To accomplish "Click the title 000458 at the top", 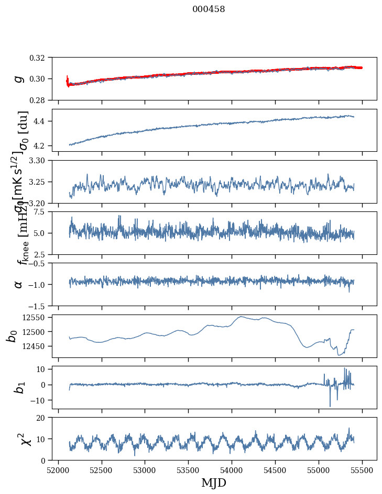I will (x=209, y=9).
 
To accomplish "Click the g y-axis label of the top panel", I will (x=19, y=78).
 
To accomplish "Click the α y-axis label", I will (x=19, y=284).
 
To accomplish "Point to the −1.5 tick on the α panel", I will (x=42, y=306).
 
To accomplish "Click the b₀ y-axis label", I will (x=12, y=336).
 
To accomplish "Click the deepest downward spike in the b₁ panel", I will (x=330, y=406).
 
